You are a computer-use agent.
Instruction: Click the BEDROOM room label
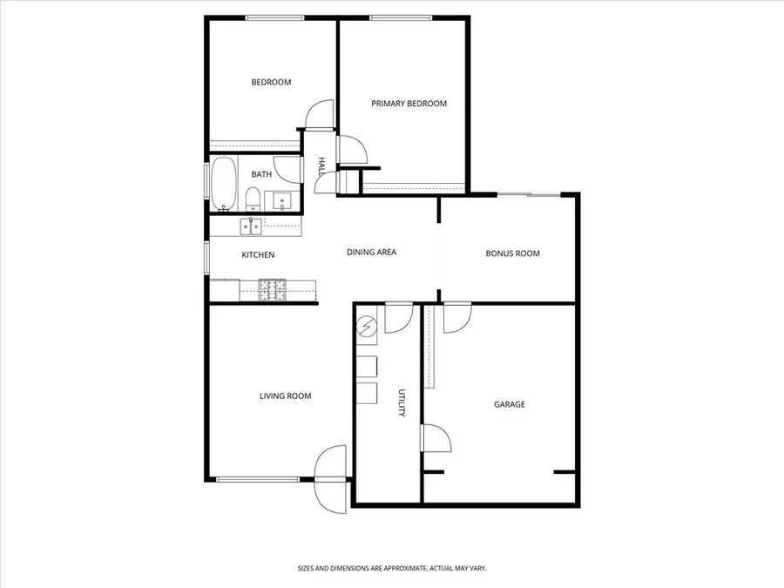271,83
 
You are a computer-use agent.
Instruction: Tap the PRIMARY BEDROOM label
409,104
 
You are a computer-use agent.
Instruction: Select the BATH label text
261,174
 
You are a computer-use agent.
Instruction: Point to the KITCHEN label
258,255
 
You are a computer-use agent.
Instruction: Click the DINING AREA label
371,253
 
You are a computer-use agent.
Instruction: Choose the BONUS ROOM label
512,254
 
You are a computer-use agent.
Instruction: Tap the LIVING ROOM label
285,396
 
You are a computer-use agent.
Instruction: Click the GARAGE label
510,404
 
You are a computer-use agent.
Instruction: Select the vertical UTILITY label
402,403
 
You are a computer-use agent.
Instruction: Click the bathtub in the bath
223,184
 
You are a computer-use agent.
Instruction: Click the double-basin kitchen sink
251,226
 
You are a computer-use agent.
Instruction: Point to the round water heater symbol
367,327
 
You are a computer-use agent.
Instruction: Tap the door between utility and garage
433,438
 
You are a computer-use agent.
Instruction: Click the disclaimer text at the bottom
391,568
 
